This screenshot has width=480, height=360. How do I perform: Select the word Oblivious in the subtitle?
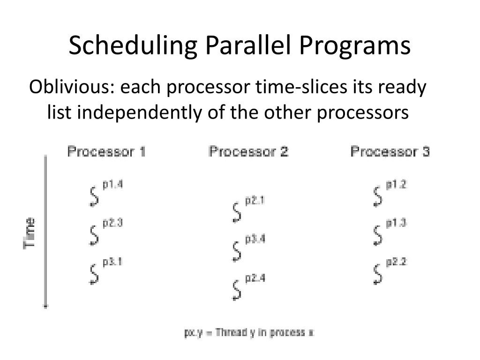tap(70, 87)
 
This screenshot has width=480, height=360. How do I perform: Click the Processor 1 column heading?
tap(106, 152)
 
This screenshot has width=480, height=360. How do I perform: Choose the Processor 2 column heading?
tap(248, 152)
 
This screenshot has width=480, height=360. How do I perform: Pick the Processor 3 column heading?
tap(390, 152)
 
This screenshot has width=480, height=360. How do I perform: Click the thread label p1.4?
tap(112, 185)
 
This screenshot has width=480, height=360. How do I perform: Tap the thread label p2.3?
tap(112, 224)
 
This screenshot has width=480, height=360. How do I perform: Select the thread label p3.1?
tap(112, 262)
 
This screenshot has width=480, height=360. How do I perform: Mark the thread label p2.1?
tap(255, 201)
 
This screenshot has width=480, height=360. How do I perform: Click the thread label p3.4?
tap(255, 239)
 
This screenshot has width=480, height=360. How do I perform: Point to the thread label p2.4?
tap(255, 278)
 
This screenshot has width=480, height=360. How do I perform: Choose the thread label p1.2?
tap(396, 185)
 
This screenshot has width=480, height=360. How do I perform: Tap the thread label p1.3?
tap(396, 224)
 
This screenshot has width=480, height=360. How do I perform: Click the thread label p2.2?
tap(396, 262)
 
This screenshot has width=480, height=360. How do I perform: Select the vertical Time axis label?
tap(30, 233)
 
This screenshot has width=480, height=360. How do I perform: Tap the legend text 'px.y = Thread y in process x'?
tap(249, 333)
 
